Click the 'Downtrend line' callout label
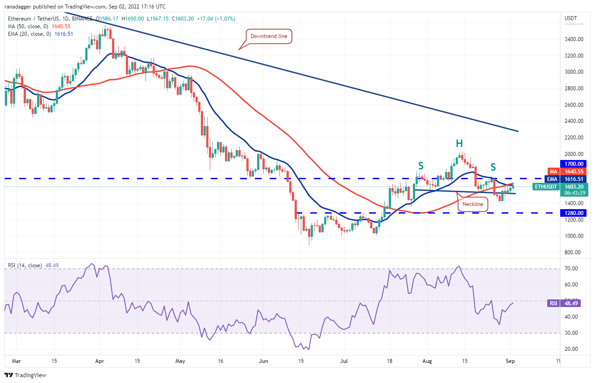coord(269,36)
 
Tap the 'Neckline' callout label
coord(473,204)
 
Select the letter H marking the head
coord(459,143)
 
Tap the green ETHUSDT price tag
coord(545,186)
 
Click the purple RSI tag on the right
coord(553,303)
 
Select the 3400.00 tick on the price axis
coord(574,39)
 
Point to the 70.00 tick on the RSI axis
coord(571,269)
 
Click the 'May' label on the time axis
coord(180,360)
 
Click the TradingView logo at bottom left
coord(25,375)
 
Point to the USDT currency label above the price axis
coord(571,18)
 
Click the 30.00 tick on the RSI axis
coord(571,333)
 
